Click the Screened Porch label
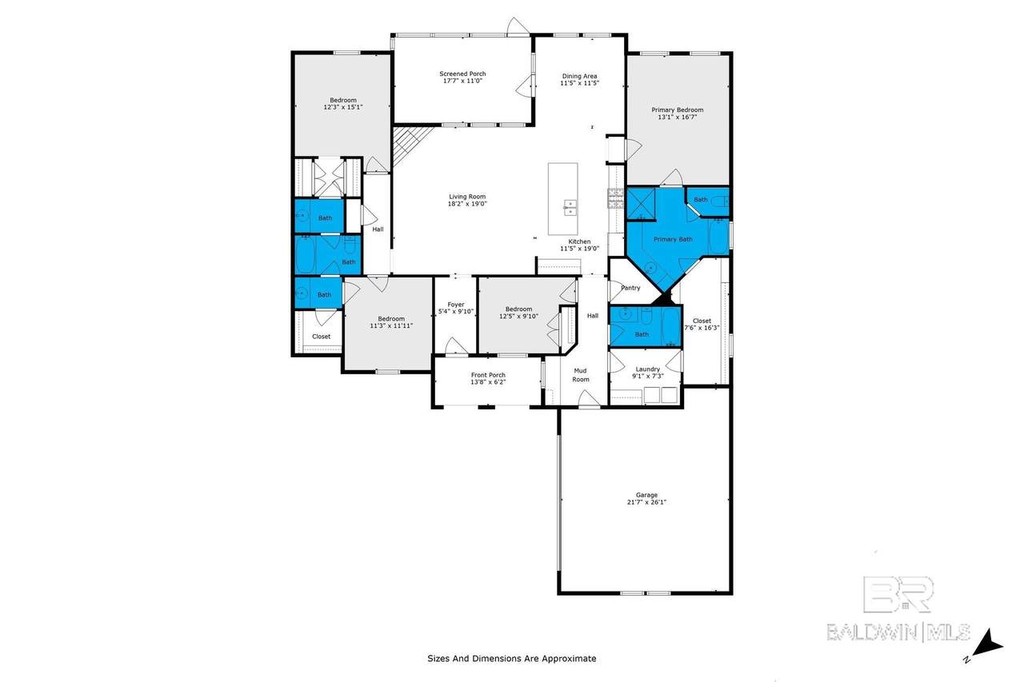tap(462, 74)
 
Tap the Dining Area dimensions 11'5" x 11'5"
tap(580, 83)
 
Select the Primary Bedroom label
tap(677, 110)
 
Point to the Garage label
tap(646, 495)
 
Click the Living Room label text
tap(467, 197)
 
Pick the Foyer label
tap(456, 305)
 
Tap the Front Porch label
tap(488, 374)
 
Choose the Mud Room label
tap(581, 374)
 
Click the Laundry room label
tap(648, 369)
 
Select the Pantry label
tap(631, 288)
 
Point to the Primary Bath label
tap(673, 239)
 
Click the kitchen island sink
tap(570, 207)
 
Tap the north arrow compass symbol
tap(986, 645)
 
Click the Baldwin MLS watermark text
tap(898, 632)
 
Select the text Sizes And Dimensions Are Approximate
tap(511, 658)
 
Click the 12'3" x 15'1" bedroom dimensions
tap(343, 107)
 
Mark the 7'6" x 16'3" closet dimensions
tap(702, 328)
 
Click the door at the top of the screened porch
tap(518, 26)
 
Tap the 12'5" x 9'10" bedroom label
tap(519, 313)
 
